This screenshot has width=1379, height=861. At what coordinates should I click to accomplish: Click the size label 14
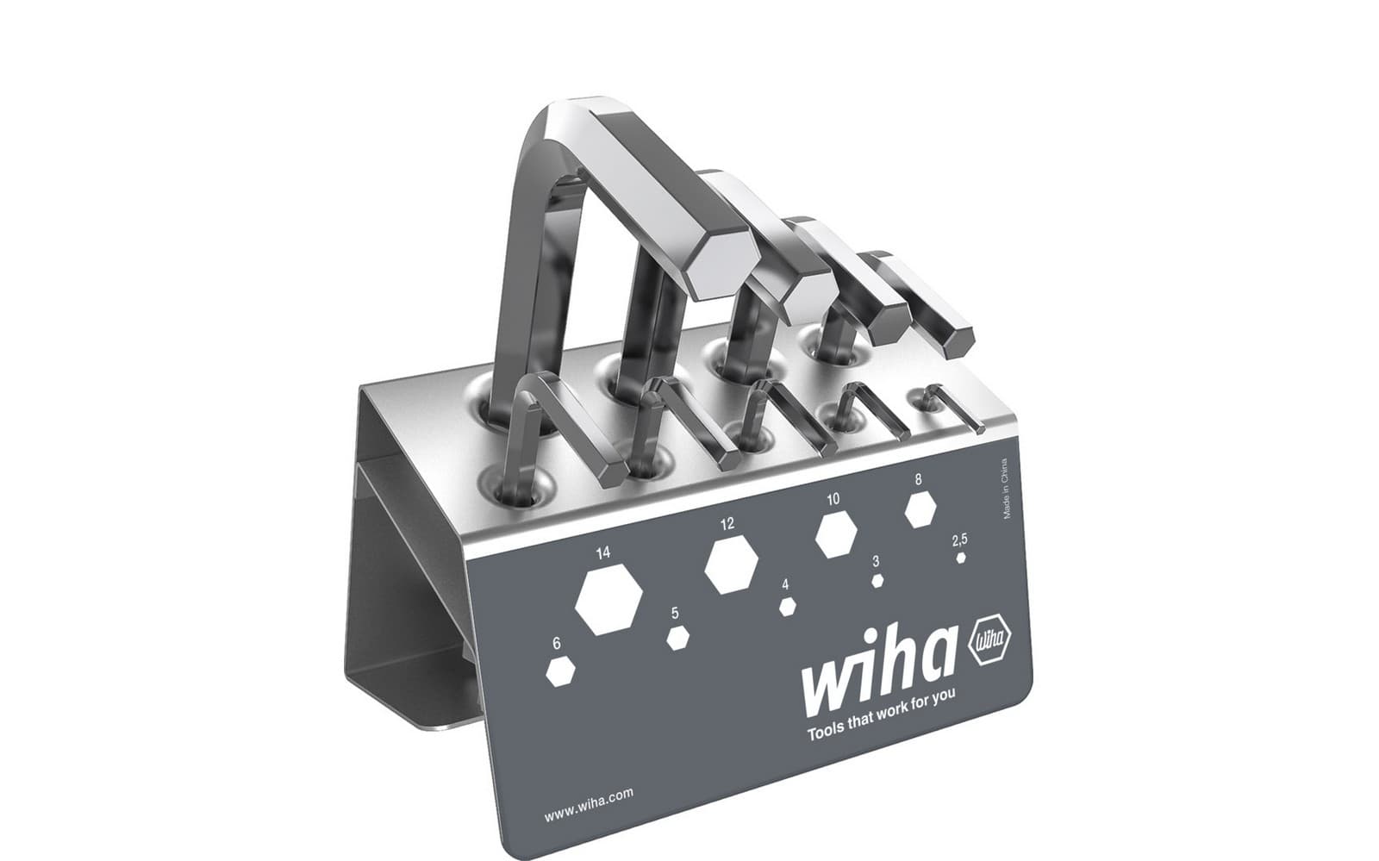pyautogui.click(x=602, y=552)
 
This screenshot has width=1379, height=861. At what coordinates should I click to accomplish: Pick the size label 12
pyautogui.click(x=727, y=523)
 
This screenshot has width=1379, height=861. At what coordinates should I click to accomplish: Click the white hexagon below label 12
pyautogui.click(x=731, y=566)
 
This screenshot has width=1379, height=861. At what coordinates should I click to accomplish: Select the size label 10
pyautogui.click(x=832, y=499)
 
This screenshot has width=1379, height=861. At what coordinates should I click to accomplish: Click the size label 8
pyautogui.click(x=919, y=479)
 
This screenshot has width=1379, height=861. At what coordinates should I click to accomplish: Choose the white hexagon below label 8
pyautogui.click(x=920, y=510)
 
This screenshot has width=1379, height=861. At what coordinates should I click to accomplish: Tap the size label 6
pyautogui.click(x=557, y=644)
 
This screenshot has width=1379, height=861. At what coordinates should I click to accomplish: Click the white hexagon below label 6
pyautogui.click(x=560, y=672)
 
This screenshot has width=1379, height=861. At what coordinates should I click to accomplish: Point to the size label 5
pyautogui.click(x=675, y=614)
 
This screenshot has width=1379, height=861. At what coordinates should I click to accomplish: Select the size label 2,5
pyautogui.click(x=959, y=540)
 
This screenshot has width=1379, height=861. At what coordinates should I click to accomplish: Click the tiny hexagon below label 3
pyautogui.click(x=877, y=581)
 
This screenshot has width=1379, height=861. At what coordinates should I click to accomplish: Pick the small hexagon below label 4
pyautogui.click(x=786, y=607)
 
